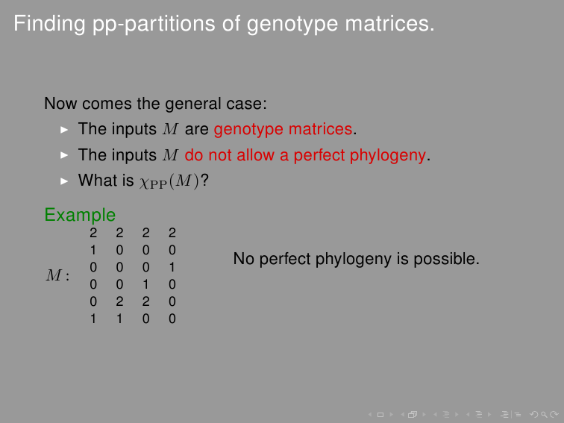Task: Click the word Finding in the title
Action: click(49, 24)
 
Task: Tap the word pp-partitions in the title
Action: click(154, 25)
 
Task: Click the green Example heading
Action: click(80, 215)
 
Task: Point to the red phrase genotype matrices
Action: click(283, 130)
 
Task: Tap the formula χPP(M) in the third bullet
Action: click(169, 181)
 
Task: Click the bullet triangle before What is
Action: click(64, 181)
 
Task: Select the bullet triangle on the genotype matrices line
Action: click(64, 130)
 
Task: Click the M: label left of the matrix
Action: click(57, 275)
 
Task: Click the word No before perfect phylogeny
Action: click(244, 259)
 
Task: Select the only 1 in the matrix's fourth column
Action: click(172, 267)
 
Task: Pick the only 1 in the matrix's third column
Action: click(145, 284)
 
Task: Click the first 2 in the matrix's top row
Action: click(93, 233)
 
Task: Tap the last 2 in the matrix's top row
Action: click(172, 233)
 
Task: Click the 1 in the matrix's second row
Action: click(93, 250)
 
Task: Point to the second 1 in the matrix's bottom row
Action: click(119, 319)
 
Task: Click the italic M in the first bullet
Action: click(170, 129)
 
